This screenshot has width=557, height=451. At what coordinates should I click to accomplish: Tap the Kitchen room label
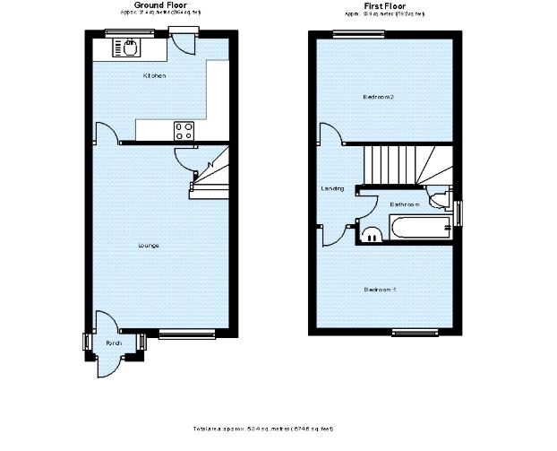click(155, 76)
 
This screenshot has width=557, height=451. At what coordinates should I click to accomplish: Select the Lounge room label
click(149, 245)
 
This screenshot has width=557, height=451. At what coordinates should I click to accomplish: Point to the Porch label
click(114, 343)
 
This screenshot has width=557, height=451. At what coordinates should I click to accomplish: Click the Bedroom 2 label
click(379, 96)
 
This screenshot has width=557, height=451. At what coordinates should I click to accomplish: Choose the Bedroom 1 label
click(381, 290)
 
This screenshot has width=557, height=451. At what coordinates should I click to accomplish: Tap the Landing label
click(333, 189)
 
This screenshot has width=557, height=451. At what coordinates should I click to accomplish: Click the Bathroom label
click(405, 204)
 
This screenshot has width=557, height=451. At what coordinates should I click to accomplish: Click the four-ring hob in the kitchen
click(184, 131)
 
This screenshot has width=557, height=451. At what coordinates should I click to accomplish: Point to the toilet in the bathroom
click(438, 198)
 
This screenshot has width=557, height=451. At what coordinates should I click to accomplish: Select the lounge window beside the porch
click(187, 334)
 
